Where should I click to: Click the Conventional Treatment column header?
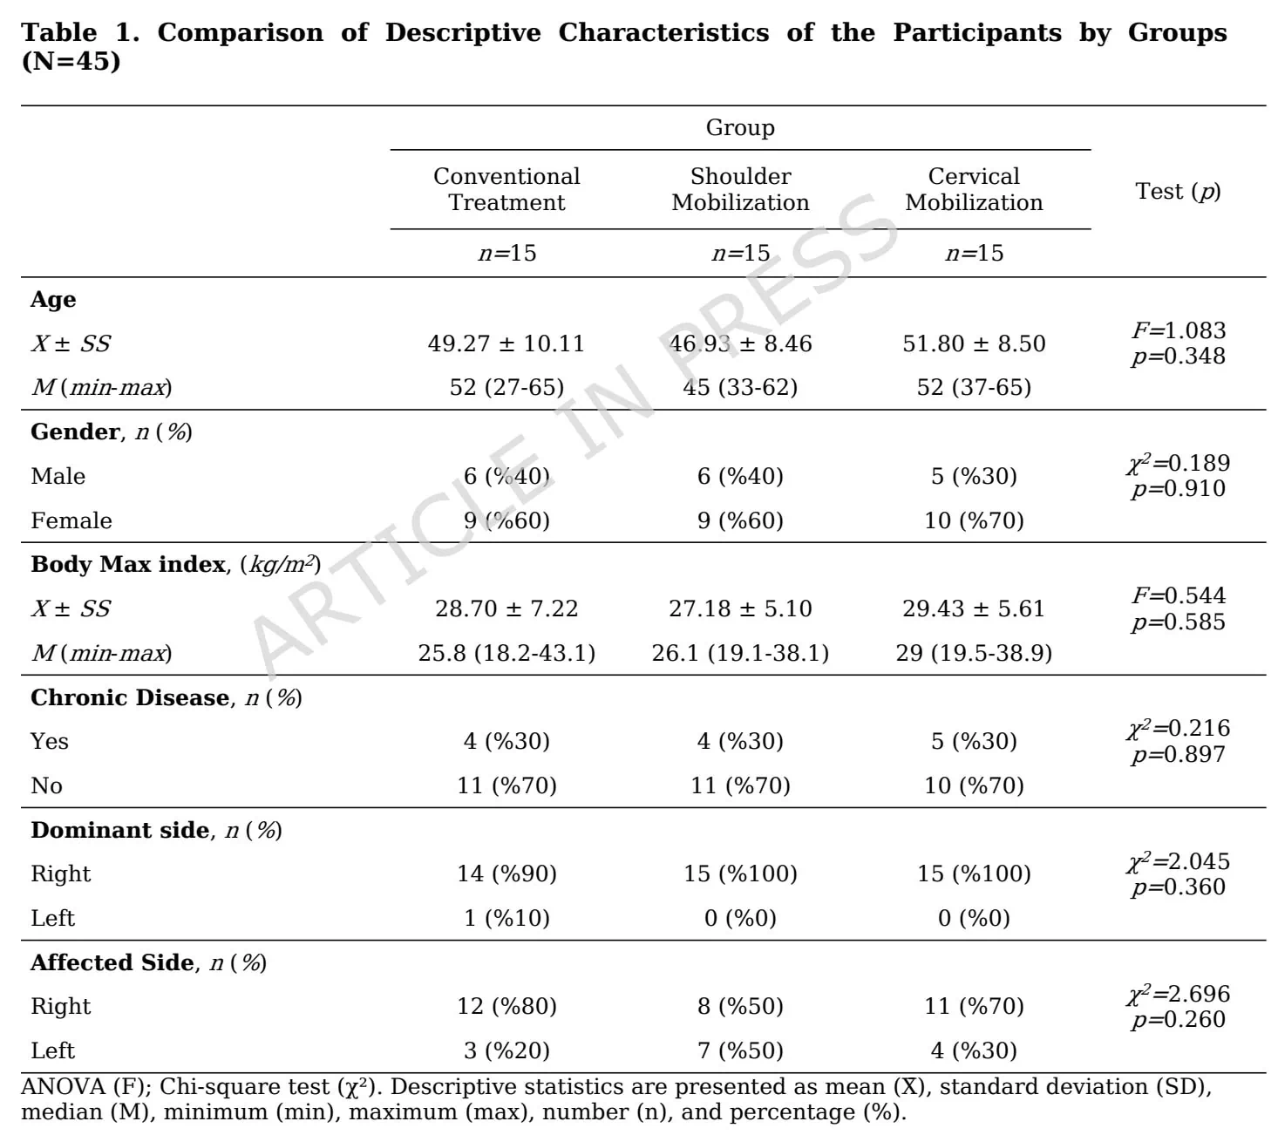tap(506, 188)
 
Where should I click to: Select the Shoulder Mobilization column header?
tap(740, 188)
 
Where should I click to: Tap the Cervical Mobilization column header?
tap(974, 188)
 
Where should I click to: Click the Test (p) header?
tap(1178, 191)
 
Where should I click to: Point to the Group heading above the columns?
tap(740, 127)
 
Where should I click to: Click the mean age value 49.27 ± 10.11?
tap(506, 343)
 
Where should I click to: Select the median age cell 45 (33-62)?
tap(740, 387)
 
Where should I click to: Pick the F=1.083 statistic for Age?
tap(1179, 330)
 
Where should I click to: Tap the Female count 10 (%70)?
tap(974, 520)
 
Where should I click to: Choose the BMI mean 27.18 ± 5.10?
tap(740, 608)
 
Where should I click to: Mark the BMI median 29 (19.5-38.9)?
tap(974, 652)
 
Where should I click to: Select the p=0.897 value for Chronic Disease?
tap(1179, 754)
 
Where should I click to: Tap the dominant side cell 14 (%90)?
tap(506, 873)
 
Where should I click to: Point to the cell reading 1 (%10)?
tap(506, 917)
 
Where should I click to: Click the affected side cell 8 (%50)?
tap(740, 1006)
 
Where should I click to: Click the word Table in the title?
tap(59, 32)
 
